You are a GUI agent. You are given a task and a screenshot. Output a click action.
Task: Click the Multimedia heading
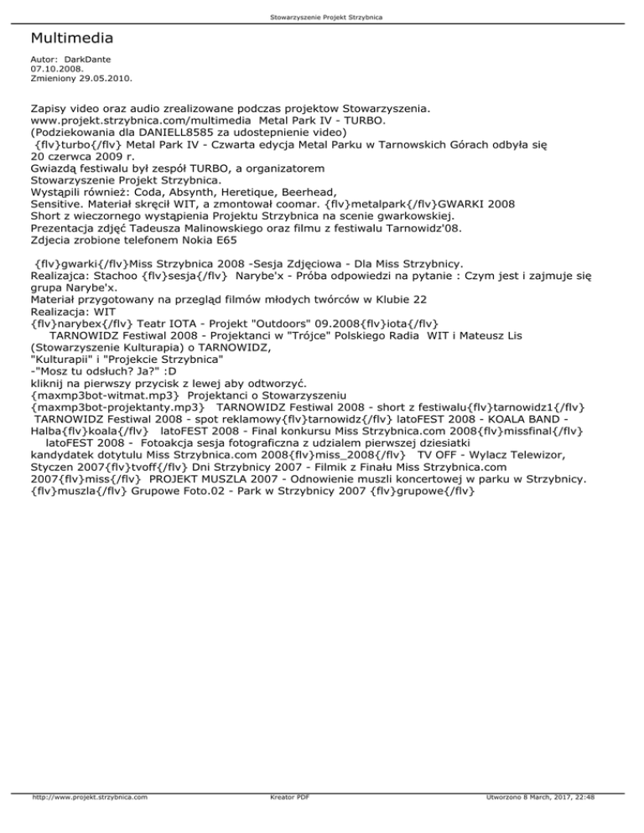click(x=71, y=39)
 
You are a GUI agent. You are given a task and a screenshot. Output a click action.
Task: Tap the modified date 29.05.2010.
click(x=106, y=80)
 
